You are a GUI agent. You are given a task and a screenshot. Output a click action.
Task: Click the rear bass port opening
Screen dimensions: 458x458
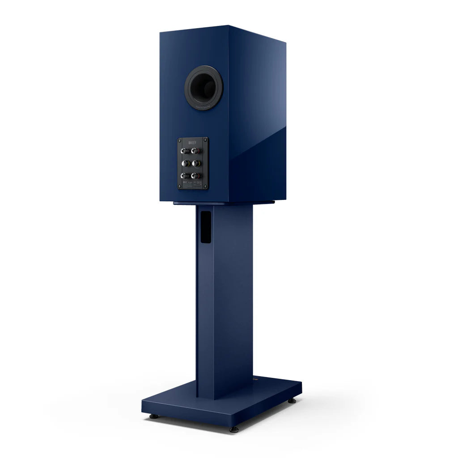point(204,88)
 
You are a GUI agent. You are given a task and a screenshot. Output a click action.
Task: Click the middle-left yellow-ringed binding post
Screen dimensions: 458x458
point(184,163)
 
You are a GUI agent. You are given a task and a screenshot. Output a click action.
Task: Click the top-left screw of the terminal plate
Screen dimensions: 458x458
point(180,140)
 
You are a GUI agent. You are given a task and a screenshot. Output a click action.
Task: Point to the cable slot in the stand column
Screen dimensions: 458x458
point(205,227)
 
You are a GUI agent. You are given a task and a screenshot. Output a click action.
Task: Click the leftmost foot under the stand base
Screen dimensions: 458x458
point(153,416)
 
